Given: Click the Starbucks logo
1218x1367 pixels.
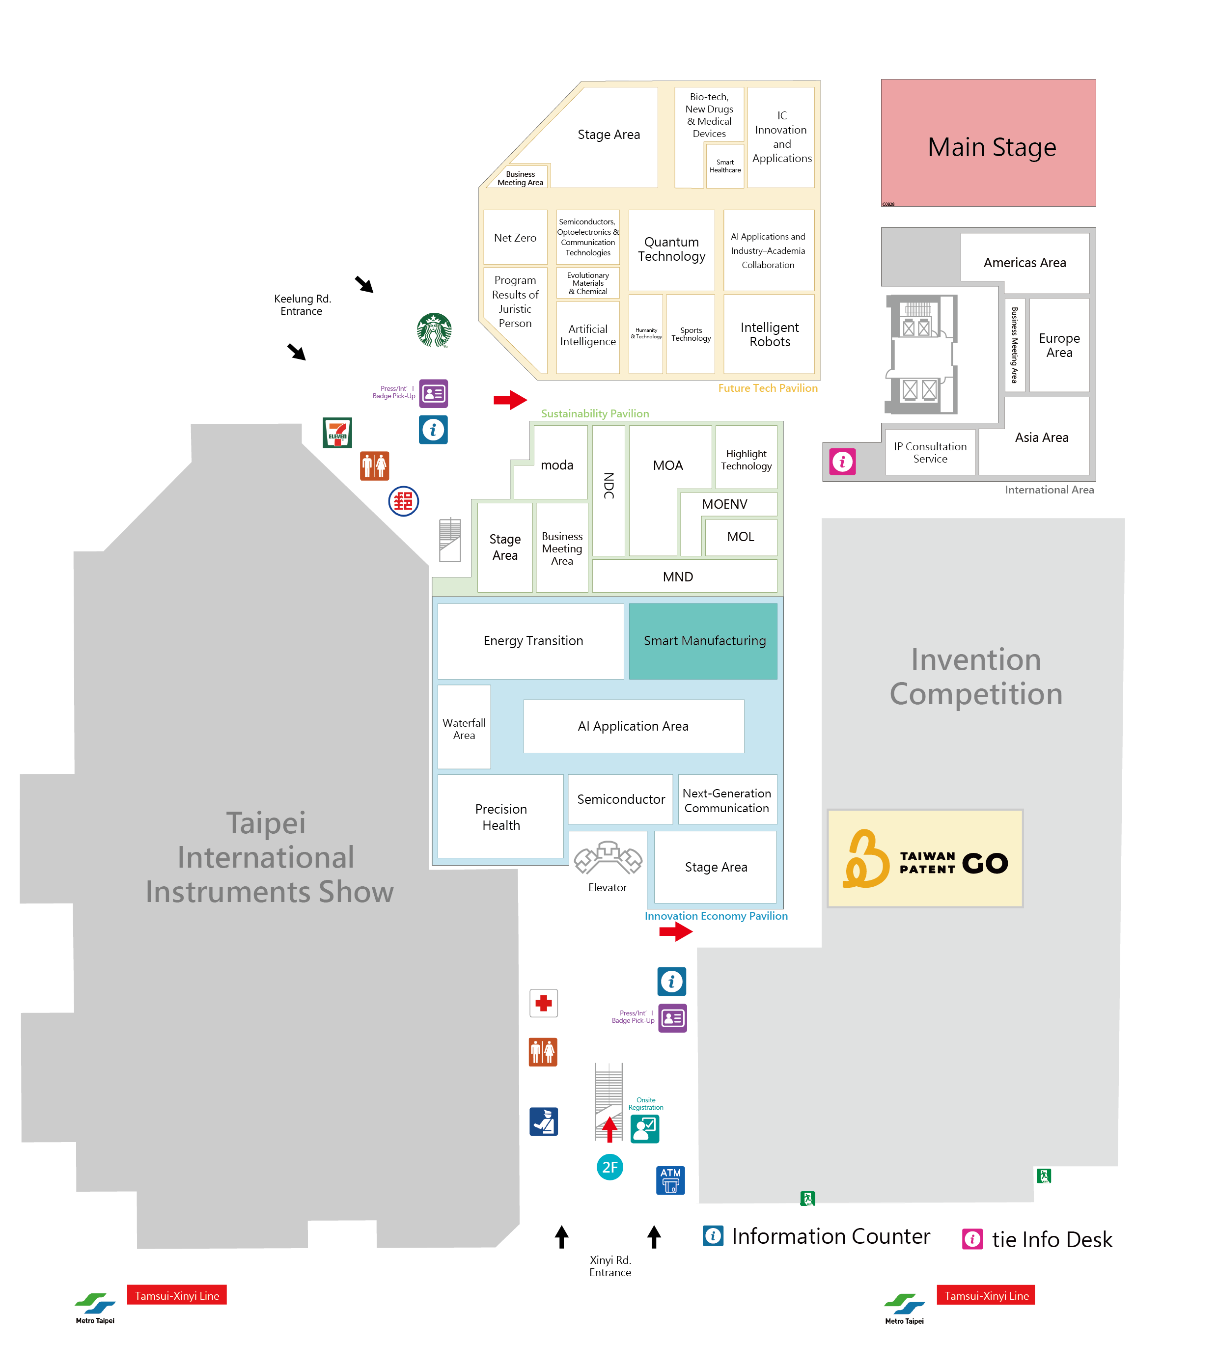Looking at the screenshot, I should tap(434, 330).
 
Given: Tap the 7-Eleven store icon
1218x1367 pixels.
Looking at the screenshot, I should tap(337, 432).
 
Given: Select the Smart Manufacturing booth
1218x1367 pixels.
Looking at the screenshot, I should tap(703, 641).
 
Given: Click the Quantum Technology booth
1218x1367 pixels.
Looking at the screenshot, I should tap(671, 249).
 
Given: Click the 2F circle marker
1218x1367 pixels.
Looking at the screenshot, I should tap(609, 1168).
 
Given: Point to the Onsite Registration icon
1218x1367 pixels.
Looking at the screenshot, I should tap(644, 1129).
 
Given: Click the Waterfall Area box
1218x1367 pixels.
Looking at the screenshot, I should tap(464, 728).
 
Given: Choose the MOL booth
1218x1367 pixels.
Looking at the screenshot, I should tap(740, 537).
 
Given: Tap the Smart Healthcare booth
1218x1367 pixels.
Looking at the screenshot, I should tap(725, 166).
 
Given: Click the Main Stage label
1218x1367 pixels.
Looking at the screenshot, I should tap(991, 147).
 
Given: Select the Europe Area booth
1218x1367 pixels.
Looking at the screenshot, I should tap(1059, 345).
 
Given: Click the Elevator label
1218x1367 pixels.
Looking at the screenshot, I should tap(607, 887).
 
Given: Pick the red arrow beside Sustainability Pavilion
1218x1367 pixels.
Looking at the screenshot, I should tap(510, 400).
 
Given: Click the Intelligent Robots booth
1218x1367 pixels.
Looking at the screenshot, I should tap(769, 334).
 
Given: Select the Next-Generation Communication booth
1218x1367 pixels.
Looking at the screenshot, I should tap(727, 800).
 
